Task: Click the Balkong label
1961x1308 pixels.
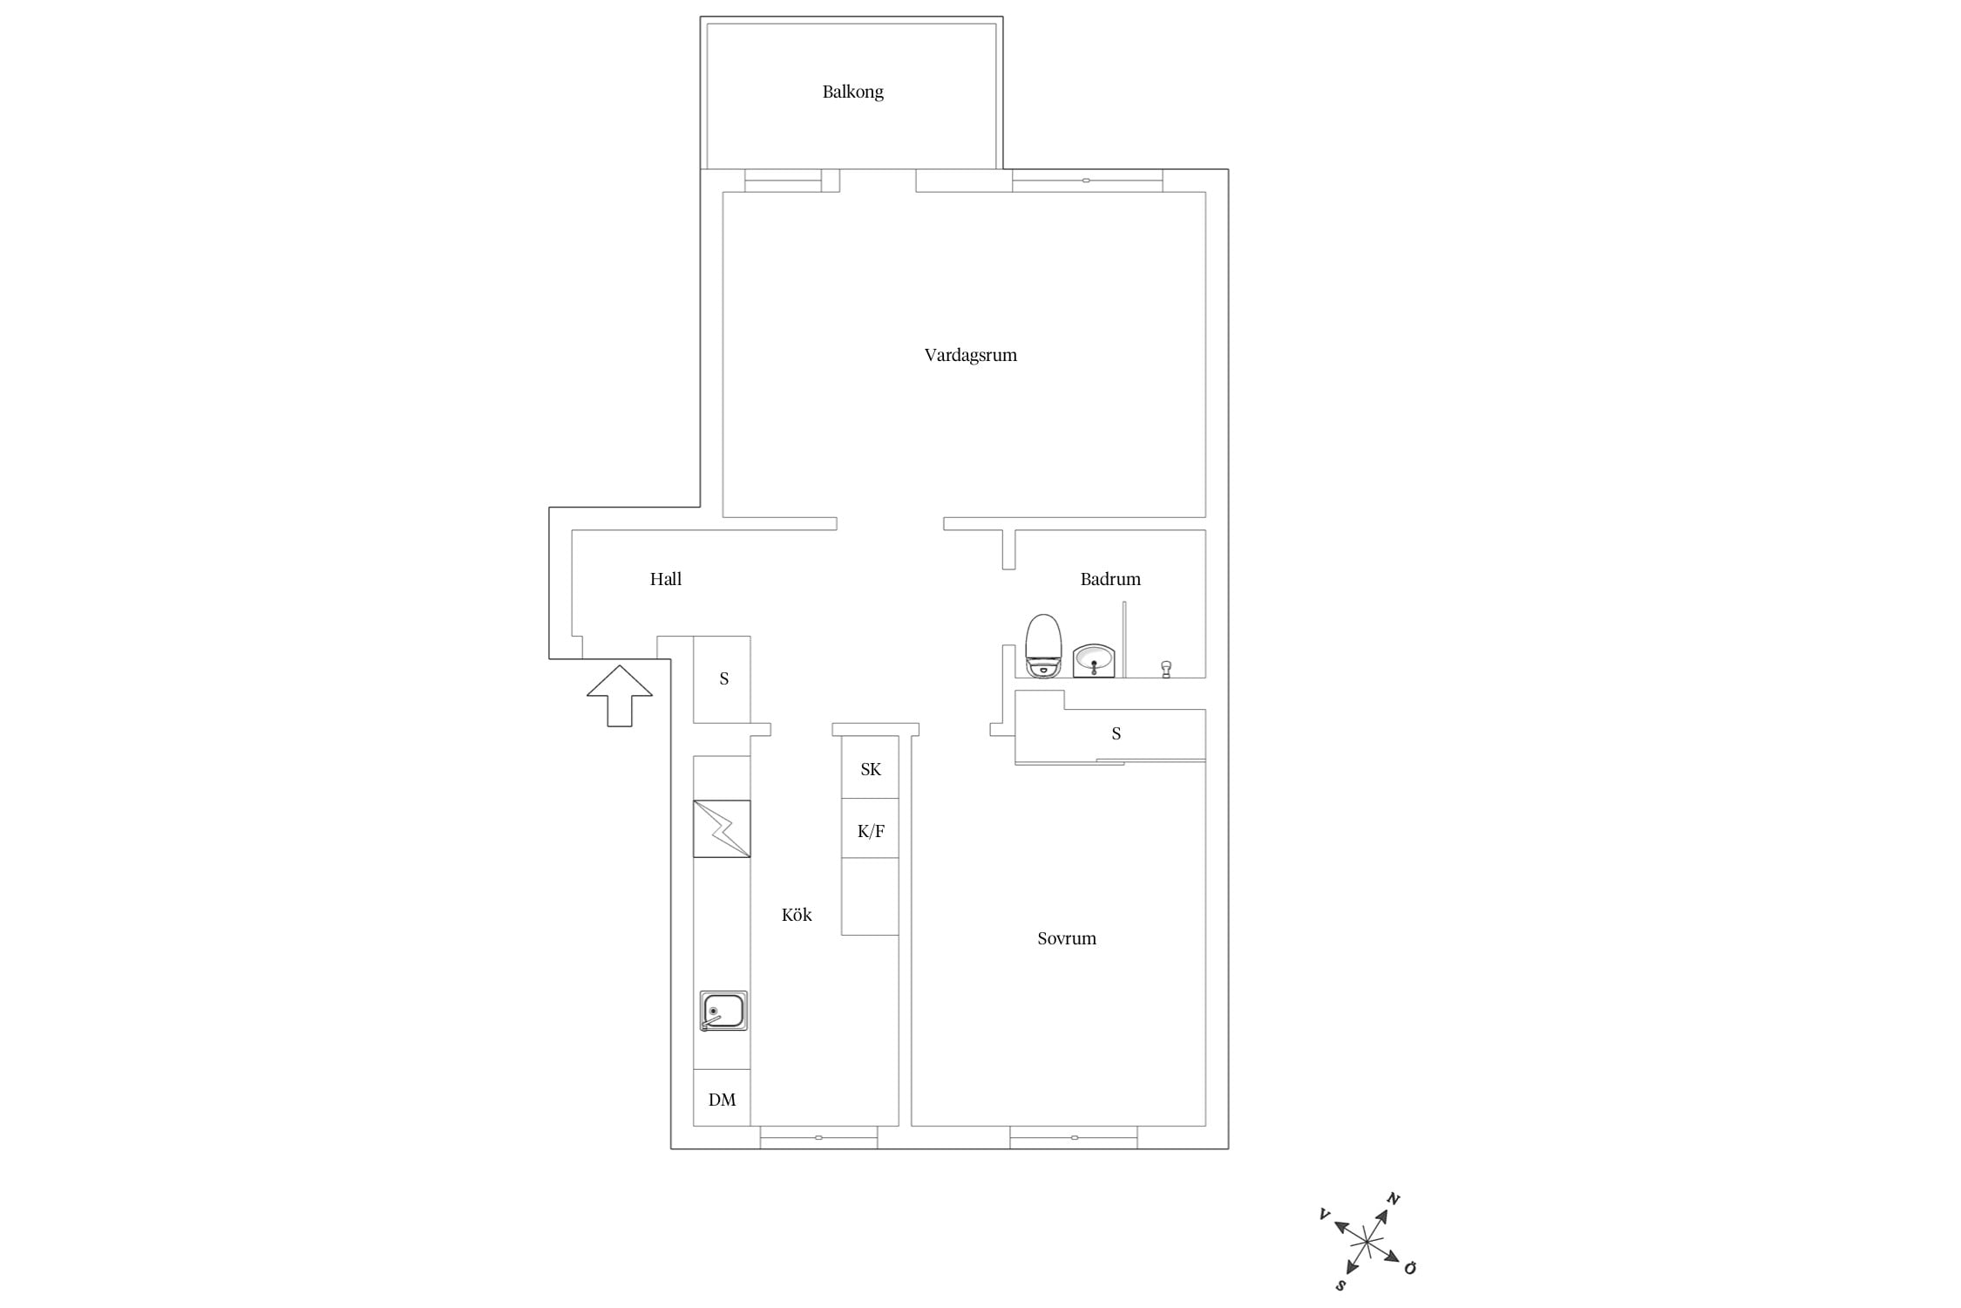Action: click(852, 92)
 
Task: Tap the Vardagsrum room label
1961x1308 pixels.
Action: click(970, 355)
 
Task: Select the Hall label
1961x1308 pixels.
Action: click(666, 579)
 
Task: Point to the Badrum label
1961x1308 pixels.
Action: click(1110, 579)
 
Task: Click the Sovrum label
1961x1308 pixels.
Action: click(1066, 938)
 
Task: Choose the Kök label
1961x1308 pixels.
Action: click(797, 915)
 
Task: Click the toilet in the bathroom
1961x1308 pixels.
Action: click(1043, 646)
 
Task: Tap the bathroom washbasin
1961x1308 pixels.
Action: click(1094, 661)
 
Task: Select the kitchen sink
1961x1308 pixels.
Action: click(723, 1012)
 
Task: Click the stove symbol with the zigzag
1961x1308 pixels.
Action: click(722, 828)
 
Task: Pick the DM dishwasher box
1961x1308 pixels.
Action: click(722, 1098)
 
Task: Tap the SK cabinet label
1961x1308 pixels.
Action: click(871, 769)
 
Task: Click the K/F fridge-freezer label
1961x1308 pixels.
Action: click(871, 831)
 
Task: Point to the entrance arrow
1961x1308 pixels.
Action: click(620, 696)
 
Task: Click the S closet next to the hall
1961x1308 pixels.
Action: click(722, 679)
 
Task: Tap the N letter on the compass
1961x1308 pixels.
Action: click(1393, 1199)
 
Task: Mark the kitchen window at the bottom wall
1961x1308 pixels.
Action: click(818, 1137)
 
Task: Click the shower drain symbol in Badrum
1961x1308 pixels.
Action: click(1166, 669)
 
